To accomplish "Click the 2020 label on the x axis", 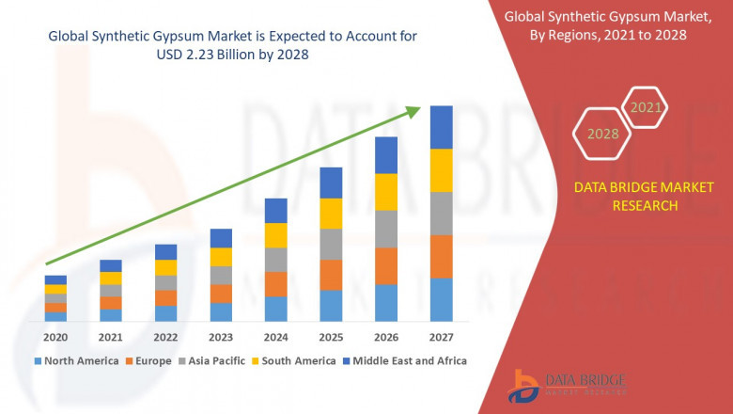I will [55, 337].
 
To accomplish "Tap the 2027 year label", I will [441, 337].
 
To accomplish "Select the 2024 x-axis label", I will [275, 337].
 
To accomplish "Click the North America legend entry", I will [77, 360].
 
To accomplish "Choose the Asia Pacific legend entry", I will [214, 360].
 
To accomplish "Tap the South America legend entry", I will [294, 360].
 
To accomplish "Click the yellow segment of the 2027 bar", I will [441, 170].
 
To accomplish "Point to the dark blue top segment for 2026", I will [386, 155].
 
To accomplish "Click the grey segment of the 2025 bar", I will [331, 244].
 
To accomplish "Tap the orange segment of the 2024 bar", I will [275, 284].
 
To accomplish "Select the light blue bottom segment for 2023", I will [221, 311].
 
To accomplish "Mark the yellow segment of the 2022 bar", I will [165, 267].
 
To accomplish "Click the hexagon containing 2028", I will [602, 134].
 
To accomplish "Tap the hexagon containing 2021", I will [646, 108].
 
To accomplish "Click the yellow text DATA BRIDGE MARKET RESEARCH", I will [626, 197].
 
